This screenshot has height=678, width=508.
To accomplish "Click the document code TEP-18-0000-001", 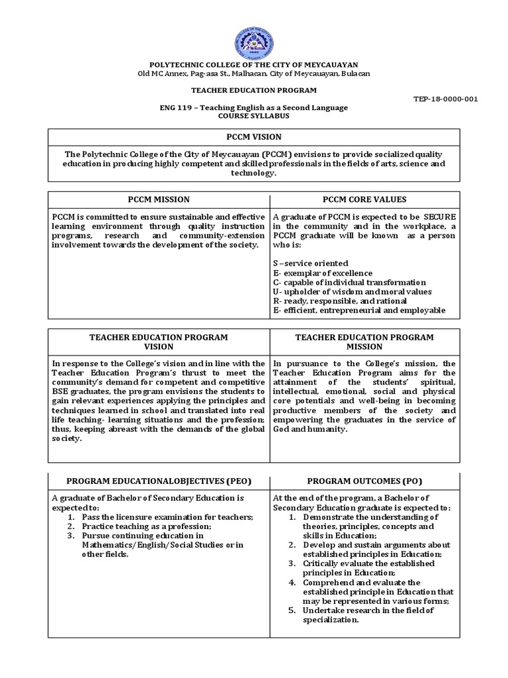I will point(446,99).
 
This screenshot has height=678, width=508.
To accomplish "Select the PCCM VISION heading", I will point(255,137).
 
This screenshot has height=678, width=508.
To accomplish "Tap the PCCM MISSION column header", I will point(158,199).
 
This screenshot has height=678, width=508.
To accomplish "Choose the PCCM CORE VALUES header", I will point(364,199).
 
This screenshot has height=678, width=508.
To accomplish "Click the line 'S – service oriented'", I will point(310,264).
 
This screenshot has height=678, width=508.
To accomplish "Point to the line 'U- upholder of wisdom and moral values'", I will point(352,291).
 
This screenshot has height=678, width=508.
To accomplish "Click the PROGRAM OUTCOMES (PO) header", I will point(364,480).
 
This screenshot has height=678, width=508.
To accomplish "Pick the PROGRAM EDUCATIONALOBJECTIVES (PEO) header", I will point(158,480).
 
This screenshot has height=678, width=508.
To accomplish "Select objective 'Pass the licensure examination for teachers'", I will point(167,516).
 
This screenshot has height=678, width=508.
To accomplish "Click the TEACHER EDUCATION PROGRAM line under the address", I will point(255,90).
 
